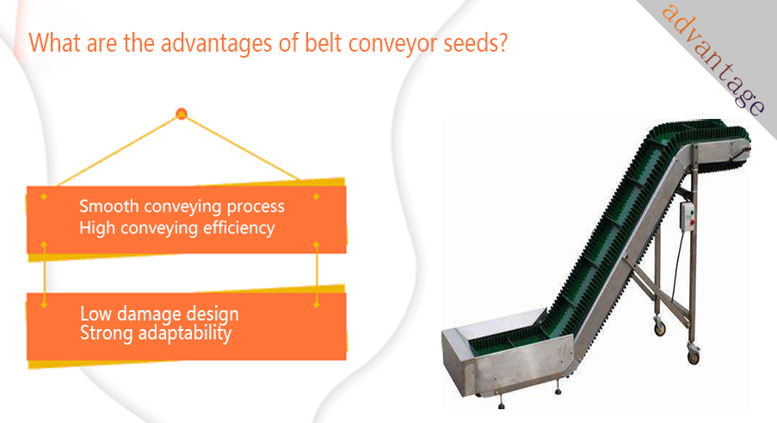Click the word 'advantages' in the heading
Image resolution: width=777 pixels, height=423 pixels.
(x=216, y=44)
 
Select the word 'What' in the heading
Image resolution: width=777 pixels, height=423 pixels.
(x=55, y=43)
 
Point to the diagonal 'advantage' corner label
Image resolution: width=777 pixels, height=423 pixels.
(x=713, y=59)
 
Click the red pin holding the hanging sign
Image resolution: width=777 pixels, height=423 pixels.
(x=182, y=114)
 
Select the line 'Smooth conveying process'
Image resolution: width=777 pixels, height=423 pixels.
(x=182, y=206)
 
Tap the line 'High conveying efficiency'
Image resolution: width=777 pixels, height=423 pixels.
(x=177, y=228)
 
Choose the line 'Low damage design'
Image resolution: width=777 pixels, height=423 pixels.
(x=159, y=314)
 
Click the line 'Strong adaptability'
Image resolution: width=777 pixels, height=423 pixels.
(x=156, y=333)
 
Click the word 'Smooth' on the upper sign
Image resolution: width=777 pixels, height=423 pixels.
(x=109, y=206)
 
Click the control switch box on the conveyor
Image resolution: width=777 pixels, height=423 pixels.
(x=688, y=215)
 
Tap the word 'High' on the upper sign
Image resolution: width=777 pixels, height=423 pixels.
(x=97, y=228)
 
